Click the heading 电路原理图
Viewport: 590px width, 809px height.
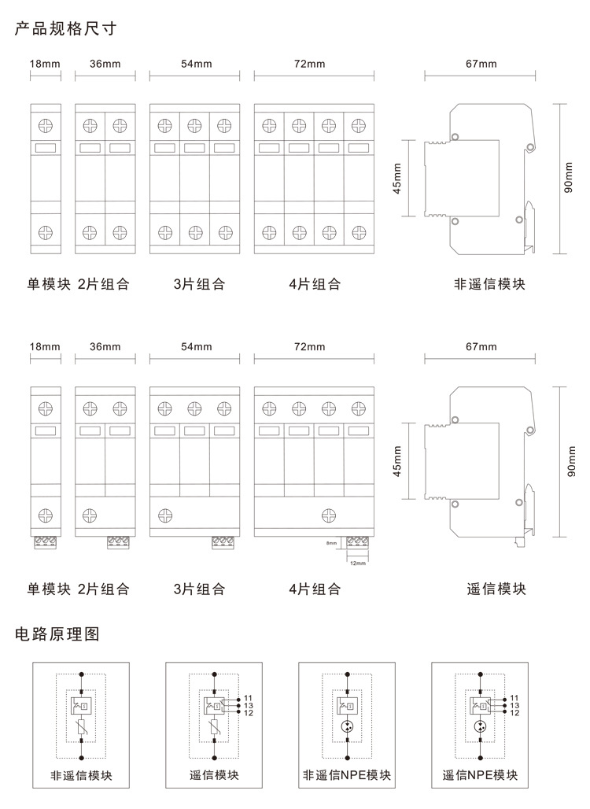coord(57,634)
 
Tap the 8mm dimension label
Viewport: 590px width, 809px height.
coord(331,543)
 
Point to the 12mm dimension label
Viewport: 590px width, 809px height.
coord(357,563)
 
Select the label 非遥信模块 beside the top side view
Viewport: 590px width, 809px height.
coord(489,284)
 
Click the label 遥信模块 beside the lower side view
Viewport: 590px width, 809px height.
coord(496,589)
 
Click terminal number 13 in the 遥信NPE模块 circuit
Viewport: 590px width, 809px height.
coord(514,706)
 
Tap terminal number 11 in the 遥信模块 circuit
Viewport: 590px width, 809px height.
coord(248,698)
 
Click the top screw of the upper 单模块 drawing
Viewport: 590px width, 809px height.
coord(46,124)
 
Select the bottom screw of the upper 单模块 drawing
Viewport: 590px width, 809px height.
coord(46,232)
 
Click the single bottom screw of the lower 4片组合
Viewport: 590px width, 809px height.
coord(329,515)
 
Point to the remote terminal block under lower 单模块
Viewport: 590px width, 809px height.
coord(46,541)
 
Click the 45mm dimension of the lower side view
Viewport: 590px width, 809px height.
coord(397,461)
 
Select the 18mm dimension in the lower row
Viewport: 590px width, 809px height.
coord(45,346)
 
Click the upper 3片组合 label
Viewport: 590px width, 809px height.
coord(199,284)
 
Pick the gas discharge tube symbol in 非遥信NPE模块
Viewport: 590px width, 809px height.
coord(347,726)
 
